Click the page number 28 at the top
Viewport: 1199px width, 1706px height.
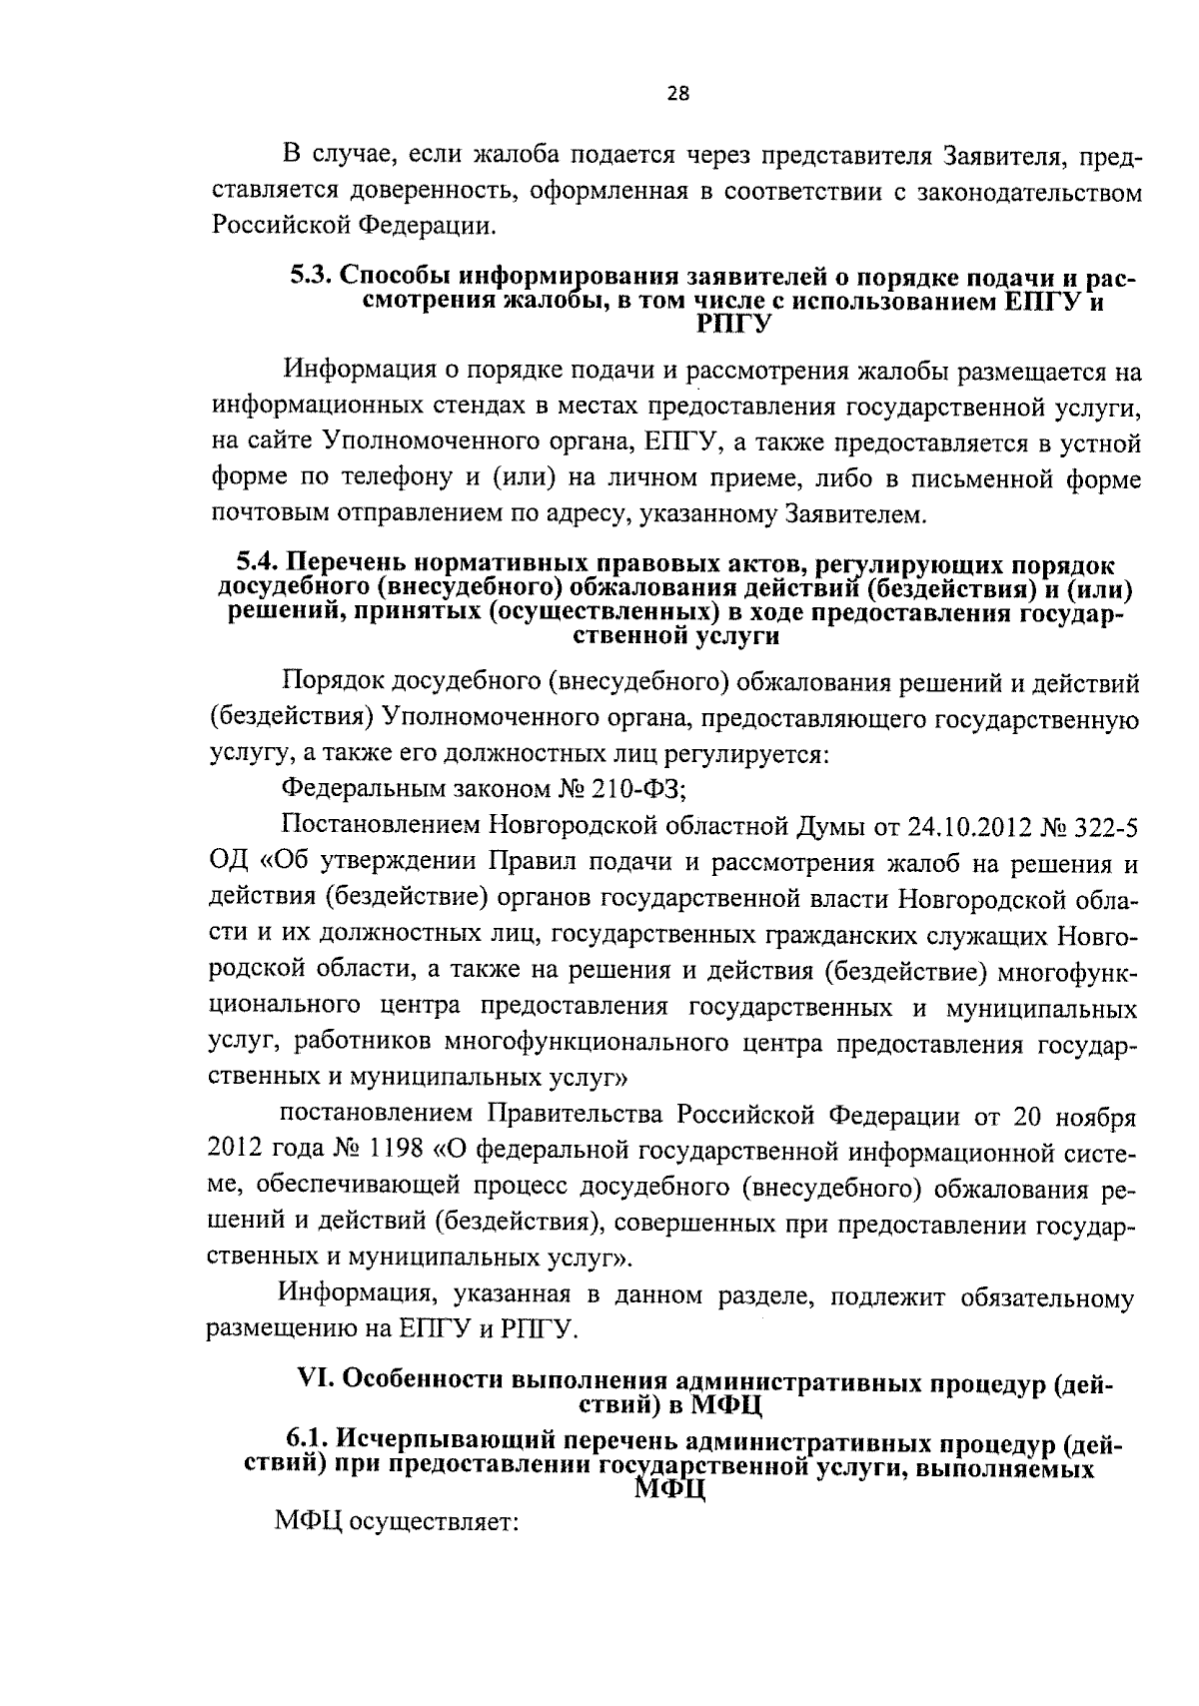click(676, 94)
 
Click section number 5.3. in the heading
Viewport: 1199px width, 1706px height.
click(313, 277)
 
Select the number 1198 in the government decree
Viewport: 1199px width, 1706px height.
click(398, 1150)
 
